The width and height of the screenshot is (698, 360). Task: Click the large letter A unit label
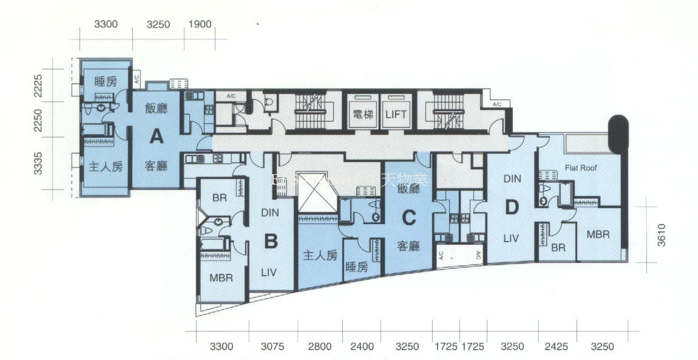(x=157, y=137)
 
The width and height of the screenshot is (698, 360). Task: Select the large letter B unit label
(x=271, y=242)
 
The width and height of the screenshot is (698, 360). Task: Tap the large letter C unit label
(x=409, y=216)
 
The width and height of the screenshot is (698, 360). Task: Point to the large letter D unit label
(x=512, y=208)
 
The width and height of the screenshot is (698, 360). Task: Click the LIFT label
(x=396, y=114)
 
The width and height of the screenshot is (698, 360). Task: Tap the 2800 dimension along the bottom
(x=320, y=347)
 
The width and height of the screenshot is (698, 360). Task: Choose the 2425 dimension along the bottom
(x=557, y=347)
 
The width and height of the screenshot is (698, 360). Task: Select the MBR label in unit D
(x=598, y=234)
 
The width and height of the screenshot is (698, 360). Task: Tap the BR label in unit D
(x=558, y=248)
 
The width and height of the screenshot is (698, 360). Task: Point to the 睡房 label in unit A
(x=106, y=81)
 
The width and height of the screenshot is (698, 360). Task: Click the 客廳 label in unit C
(x=409, y=246)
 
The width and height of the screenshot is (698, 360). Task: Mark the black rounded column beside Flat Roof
(x=618, y=133)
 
